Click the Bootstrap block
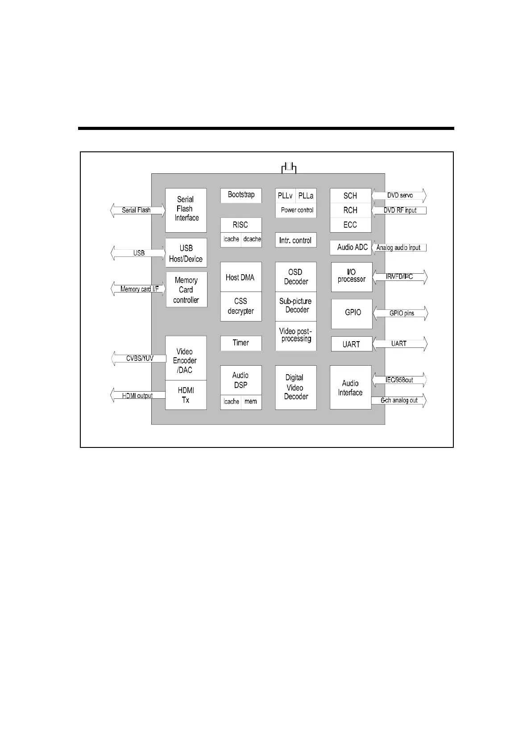(241, 195)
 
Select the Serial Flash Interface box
(186, 210)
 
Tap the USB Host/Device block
(186, 253)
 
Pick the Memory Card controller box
(187, 289)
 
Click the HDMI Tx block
(186, 395)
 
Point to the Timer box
(241, 343)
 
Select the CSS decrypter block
(241, 306)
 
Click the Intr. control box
(295, 240)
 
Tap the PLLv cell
(285, 196)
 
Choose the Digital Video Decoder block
(295, 387)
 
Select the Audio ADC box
(351, 247)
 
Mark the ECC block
(350, 225)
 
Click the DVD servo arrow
(399, 196)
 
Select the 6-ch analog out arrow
(399, 401)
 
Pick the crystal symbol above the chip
(289, 168)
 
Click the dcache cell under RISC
(252, 239)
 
